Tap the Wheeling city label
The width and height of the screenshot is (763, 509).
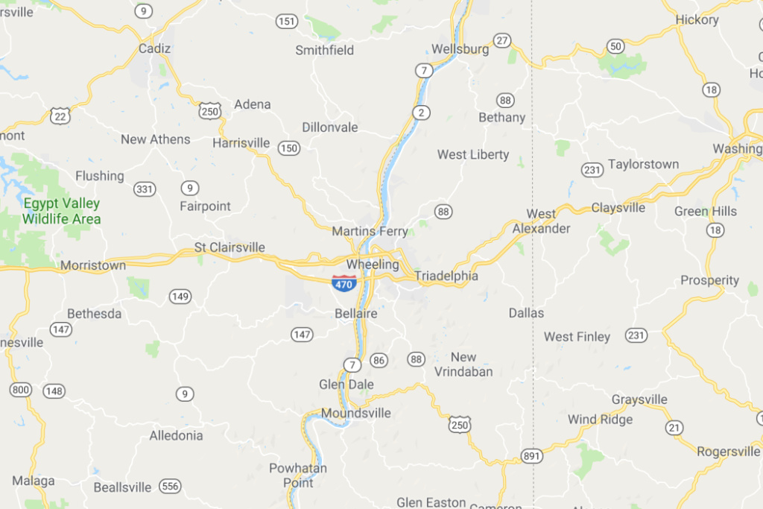373,265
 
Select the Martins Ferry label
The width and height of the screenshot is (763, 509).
370,232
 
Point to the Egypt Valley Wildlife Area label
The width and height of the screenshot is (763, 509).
61,211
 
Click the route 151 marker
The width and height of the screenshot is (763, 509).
287,22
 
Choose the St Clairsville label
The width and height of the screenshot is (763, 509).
229,247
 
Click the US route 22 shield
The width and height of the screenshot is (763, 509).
61,116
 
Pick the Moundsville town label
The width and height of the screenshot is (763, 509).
356,413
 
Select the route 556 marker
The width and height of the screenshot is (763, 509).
170,486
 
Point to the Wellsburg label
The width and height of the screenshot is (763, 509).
460,50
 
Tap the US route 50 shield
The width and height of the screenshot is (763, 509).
615,46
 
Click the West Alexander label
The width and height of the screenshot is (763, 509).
541,221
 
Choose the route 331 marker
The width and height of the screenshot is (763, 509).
145,189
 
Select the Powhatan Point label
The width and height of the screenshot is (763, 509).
298,475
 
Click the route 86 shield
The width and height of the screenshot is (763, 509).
379,361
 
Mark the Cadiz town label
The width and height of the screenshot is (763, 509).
155,48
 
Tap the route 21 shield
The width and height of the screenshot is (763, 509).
675,427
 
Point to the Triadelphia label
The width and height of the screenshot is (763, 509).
446,276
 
